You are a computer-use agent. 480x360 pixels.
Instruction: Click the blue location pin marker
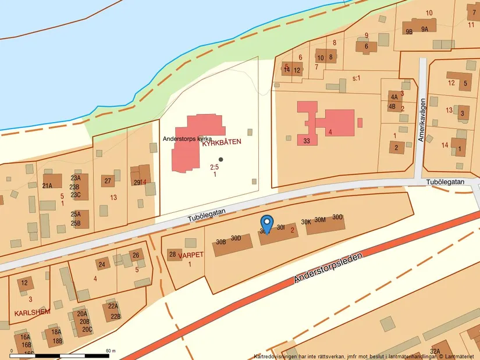[x=266, y=223]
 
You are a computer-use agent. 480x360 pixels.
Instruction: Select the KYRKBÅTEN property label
[x=221, y=141]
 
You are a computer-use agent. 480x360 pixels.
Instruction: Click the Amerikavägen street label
[x=422, y=120]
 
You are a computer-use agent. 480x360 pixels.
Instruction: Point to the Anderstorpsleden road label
[x=329, y=268]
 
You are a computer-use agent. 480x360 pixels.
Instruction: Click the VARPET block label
[x=191, y=255]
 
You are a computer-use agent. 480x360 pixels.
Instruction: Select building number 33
[x=307, y=141]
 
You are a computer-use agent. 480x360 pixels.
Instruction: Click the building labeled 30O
[x=337, y=217]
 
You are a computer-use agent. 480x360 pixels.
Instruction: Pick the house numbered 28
[x=172, y=254]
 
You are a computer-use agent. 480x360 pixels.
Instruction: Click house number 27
[x=108, y=181]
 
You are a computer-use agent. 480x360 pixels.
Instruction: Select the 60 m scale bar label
[x=111, y=351]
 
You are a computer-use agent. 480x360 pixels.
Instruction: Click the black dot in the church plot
[x=221, y=159]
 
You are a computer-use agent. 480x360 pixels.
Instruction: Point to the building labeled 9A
[x=425, y=29]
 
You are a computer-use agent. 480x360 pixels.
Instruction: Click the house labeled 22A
[x=113, y=306]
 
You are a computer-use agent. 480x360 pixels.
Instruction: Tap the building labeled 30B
[x=221, y=242]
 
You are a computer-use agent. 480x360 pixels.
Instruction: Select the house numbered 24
[x=102, y=265]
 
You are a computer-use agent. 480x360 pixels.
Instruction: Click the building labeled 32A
[x=435, y=351]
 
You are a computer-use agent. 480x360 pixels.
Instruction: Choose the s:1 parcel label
[x=357, y=77]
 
